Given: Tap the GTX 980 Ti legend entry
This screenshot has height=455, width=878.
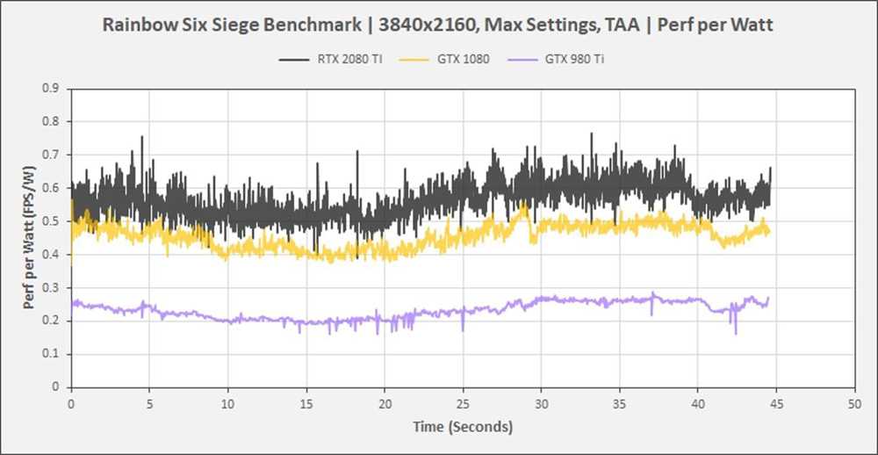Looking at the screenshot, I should click(x=575, y=60).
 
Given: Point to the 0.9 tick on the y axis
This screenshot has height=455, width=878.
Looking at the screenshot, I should click(x=54, y=88).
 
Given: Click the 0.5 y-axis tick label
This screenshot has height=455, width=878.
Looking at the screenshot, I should click(x=54, y=220).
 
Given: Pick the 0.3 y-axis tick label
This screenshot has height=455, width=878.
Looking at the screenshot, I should click(x=54, y=287).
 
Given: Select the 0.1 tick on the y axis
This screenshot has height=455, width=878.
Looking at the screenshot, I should click(x=54, y=353).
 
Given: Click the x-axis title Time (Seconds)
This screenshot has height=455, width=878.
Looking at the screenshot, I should click(x=463, y=427).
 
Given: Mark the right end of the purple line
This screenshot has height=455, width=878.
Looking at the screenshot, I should click(x=769, y=299).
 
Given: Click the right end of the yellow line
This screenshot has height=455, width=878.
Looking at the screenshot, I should click(x=770, y=233).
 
